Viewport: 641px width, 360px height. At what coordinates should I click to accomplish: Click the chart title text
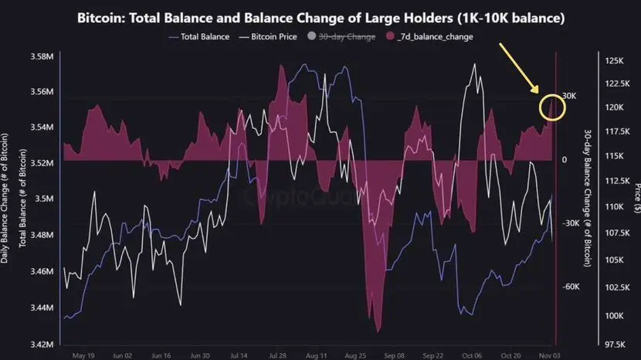click(x=320, y=17)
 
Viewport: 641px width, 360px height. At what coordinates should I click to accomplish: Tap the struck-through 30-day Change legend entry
click(x=347, y=36)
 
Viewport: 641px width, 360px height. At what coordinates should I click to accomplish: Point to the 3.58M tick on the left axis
click(x=42, y=57)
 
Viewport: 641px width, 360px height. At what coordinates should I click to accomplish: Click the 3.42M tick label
click(x=42, y=344)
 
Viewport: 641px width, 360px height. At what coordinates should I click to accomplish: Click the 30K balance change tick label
click(x=570, y=96)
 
